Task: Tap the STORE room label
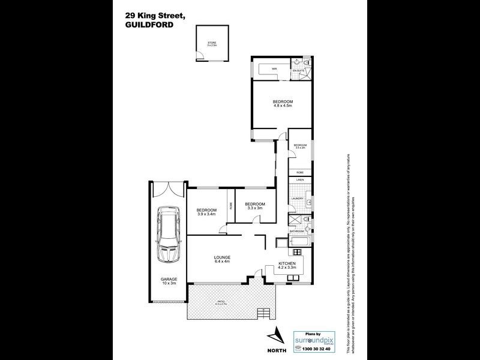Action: pyautogui.click(x=211, y=43)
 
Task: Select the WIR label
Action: pyautogui.click(x=274, y=70)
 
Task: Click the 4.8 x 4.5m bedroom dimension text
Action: pyautogui.click(x=282, y=106)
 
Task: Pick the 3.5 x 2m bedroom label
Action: pyautogui.click(x=300, y=148)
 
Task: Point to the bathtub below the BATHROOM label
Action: pyautogui.click(x=298, y=242)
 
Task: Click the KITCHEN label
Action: pyautogui.click(x=286, y=263)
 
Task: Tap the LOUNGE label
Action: pyautogui.click(x=223, y=257)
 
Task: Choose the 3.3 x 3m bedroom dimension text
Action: pyautogui.click(x=255, y=208)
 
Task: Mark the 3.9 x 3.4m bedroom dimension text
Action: pyautogui.click(x=206, y=213)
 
